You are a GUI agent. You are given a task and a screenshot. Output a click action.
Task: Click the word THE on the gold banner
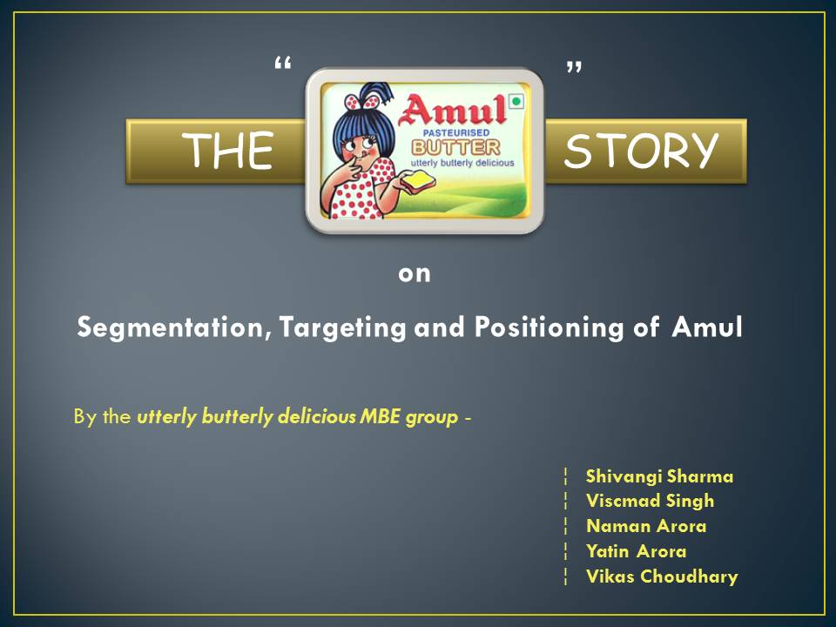coord(227,151)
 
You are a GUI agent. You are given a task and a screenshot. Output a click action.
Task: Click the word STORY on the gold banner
coord(642,151)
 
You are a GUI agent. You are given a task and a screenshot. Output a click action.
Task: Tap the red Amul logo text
coord(452,110)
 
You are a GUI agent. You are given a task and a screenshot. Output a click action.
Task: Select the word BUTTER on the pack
coord(455,147)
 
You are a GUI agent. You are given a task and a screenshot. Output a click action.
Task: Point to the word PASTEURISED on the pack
coord(455,132)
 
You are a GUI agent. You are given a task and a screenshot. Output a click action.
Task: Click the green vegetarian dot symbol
coord(516,101)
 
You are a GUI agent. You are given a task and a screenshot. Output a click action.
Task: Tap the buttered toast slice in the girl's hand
coord(418,181)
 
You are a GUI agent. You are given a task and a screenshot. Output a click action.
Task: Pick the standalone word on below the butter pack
coord(415,274)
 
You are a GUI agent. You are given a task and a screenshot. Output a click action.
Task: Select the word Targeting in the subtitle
coord(343,327)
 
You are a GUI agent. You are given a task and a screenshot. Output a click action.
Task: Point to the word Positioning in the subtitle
coord(549,327)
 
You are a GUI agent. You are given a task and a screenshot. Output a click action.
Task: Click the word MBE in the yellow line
coord(380,416)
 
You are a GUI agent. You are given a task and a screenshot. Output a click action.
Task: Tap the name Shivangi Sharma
coord(659,476)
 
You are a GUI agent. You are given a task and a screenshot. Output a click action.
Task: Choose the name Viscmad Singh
coord(650,501)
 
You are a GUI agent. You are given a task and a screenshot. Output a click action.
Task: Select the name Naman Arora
coord(646,526)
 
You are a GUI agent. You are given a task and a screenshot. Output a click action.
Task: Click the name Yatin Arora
coord(636,550)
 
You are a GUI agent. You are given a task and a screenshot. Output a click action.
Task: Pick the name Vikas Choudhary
coord(662,576)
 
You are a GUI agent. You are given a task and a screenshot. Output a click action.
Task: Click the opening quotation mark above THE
coord(282,64)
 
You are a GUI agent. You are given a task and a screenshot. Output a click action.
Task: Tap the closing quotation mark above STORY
coord(574,67)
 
